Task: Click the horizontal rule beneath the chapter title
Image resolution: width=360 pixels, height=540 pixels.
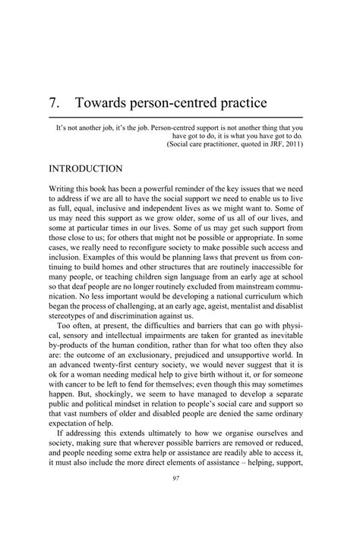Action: tap(180, 118)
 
